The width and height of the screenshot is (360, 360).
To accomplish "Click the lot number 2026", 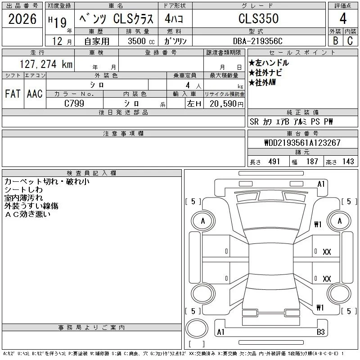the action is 22,19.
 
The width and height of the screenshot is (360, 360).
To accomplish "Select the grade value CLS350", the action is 258,18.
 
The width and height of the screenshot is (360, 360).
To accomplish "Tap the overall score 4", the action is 343,18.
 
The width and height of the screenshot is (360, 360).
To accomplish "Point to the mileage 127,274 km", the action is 46,64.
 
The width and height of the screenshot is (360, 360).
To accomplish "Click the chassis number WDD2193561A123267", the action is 302,143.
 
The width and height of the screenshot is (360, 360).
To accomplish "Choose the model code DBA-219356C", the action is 257,41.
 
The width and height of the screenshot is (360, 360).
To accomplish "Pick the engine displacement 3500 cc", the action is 141,41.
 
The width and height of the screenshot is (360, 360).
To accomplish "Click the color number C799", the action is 74,103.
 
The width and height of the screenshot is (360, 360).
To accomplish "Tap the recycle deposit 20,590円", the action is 226,104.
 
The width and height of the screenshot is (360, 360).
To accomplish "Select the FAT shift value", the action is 13,94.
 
